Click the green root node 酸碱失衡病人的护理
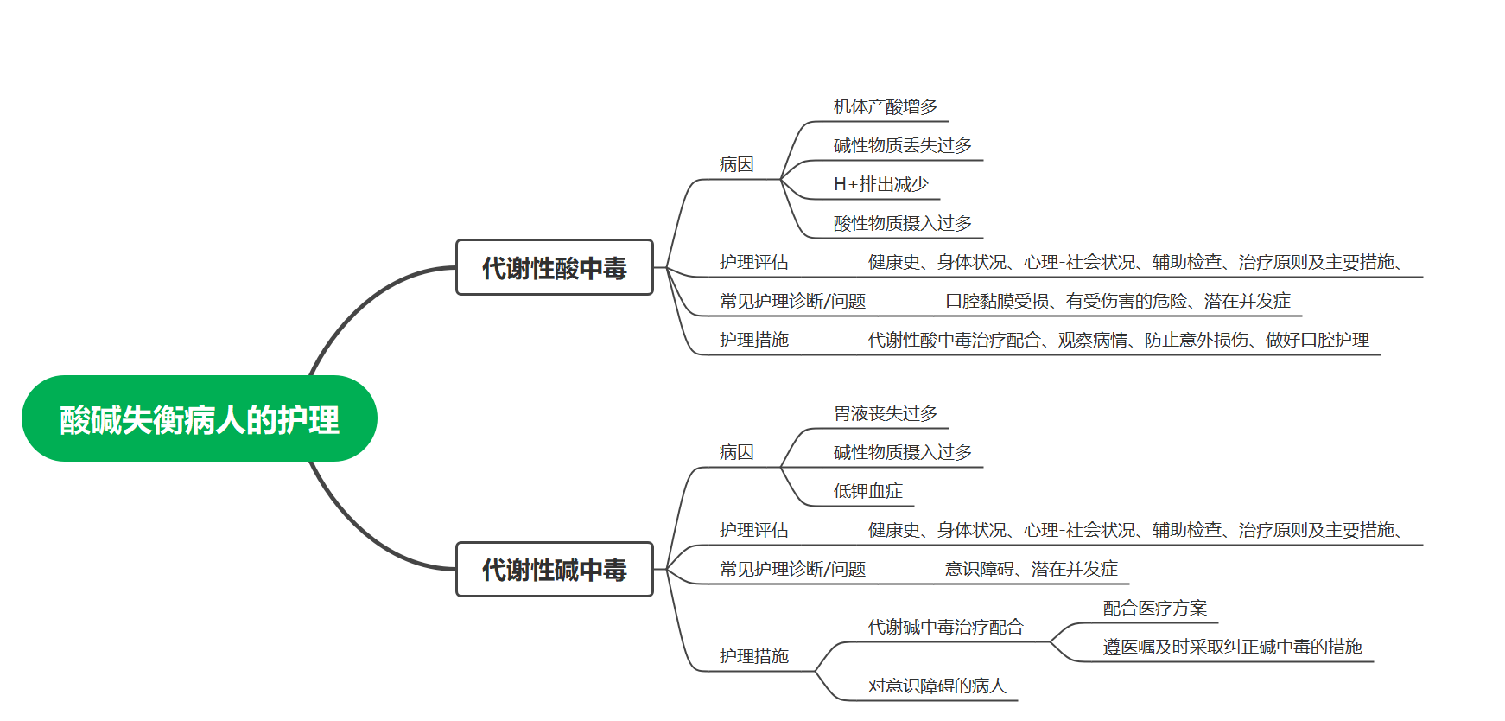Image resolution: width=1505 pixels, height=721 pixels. tap(199, 419)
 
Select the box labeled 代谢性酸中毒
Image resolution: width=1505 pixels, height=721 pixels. tap(554, 268)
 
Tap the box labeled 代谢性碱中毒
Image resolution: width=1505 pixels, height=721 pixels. tap(554, 570)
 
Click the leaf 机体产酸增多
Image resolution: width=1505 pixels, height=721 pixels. tap(885, 107)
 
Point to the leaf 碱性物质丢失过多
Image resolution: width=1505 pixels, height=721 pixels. tap(902, 146)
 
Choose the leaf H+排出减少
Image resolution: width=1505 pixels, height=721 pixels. tap(880, 185)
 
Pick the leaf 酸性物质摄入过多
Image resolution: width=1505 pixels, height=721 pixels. tap(902, 224)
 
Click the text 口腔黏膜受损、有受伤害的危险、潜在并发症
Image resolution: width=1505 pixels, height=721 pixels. tap(1117, 302)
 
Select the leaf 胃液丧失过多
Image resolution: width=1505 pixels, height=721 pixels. tap(885, 414)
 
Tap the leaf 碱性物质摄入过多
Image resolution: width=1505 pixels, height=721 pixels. tap(902, 453)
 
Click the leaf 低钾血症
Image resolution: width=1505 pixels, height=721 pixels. tap(867, 492)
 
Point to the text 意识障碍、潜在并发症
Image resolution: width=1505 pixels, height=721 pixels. tap(1031, 570)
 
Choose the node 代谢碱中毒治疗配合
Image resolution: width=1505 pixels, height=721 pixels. tap(945, 628)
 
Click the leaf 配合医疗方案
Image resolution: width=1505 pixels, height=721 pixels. tap(1154, 609)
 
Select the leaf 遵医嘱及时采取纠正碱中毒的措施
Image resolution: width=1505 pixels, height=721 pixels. tap(1232, 648)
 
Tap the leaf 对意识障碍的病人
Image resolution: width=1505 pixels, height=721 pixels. tap(937, 686)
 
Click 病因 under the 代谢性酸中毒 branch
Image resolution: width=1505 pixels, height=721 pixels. tap(736, 165)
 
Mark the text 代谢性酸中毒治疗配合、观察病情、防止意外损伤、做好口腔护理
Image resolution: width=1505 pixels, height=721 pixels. tap(1118, 341)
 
